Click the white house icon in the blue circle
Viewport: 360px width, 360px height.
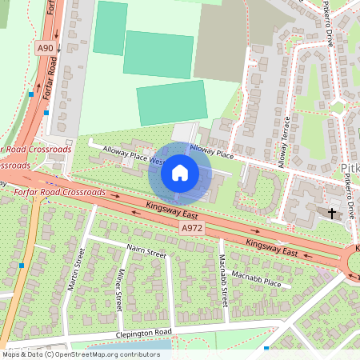[x=180, y=173]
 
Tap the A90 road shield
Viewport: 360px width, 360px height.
[x=46, y=48]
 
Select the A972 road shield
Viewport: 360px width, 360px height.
[x=191, y=228]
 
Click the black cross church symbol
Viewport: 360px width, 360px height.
[x=332, y=213]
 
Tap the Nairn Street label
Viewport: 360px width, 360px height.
[x=145, y=254]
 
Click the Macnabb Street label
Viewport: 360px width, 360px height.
[x=223, y=281]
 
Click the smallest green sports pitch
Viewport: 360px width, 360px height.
[x=110, y=28]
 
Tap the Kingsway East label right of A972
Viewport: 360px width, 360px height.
[x=272, y=248]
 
